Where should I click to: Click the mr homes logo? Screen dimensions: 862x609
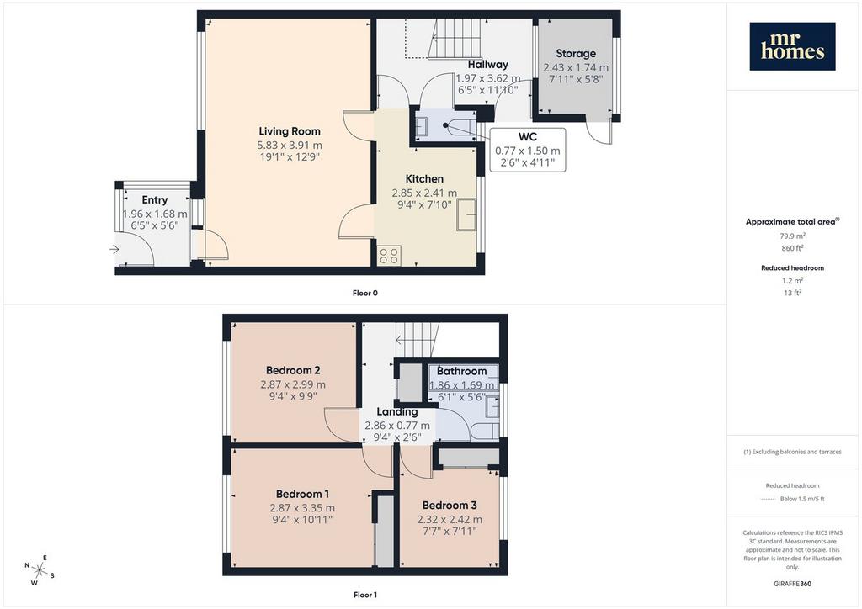point(792,46)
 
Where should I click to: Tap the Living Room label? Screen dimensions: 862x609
point(290,131)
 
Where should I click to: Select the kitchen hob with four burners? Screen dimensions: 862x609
point(389,256)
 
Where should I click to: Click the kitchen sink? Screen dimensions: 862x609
point(466,214)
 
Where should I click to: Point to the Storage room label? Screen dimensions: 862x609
point(576,53)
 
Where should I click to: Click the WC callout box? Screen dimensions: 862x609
point(527,150)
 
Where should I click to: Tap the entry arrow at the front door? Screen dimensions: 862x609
point(114,250)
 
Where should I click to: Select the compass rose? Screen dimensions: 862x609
point(40,570)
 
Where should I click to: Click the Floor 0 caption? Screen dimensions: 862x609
point(365,294)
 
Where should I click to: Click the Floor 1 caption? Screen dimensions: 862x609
point(365,595)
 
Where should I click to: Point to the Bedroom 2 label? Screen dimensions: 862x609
point(293,371)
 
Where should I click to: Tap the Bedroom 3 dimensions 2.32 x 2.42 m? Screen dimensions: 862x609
point(450,520)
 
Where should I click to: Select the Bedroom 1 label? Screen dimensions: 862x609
point(302,495)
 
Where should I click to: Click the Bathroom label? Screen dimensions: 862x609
point(462,371)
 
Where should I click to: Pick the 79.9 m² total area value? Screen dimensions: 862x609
point(792,236)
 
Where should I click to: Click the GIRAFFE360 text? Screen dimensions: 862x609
point(792,584)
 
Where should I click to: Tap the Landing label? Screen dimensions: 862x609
point(397,412)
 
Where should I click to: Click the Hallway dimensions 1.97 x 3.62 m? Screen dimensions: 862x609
point(488,78)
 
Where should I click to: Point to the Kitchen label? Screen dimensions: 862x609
point(424,179)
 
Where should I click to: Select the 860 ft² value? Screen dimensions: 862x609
point(792,248)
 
